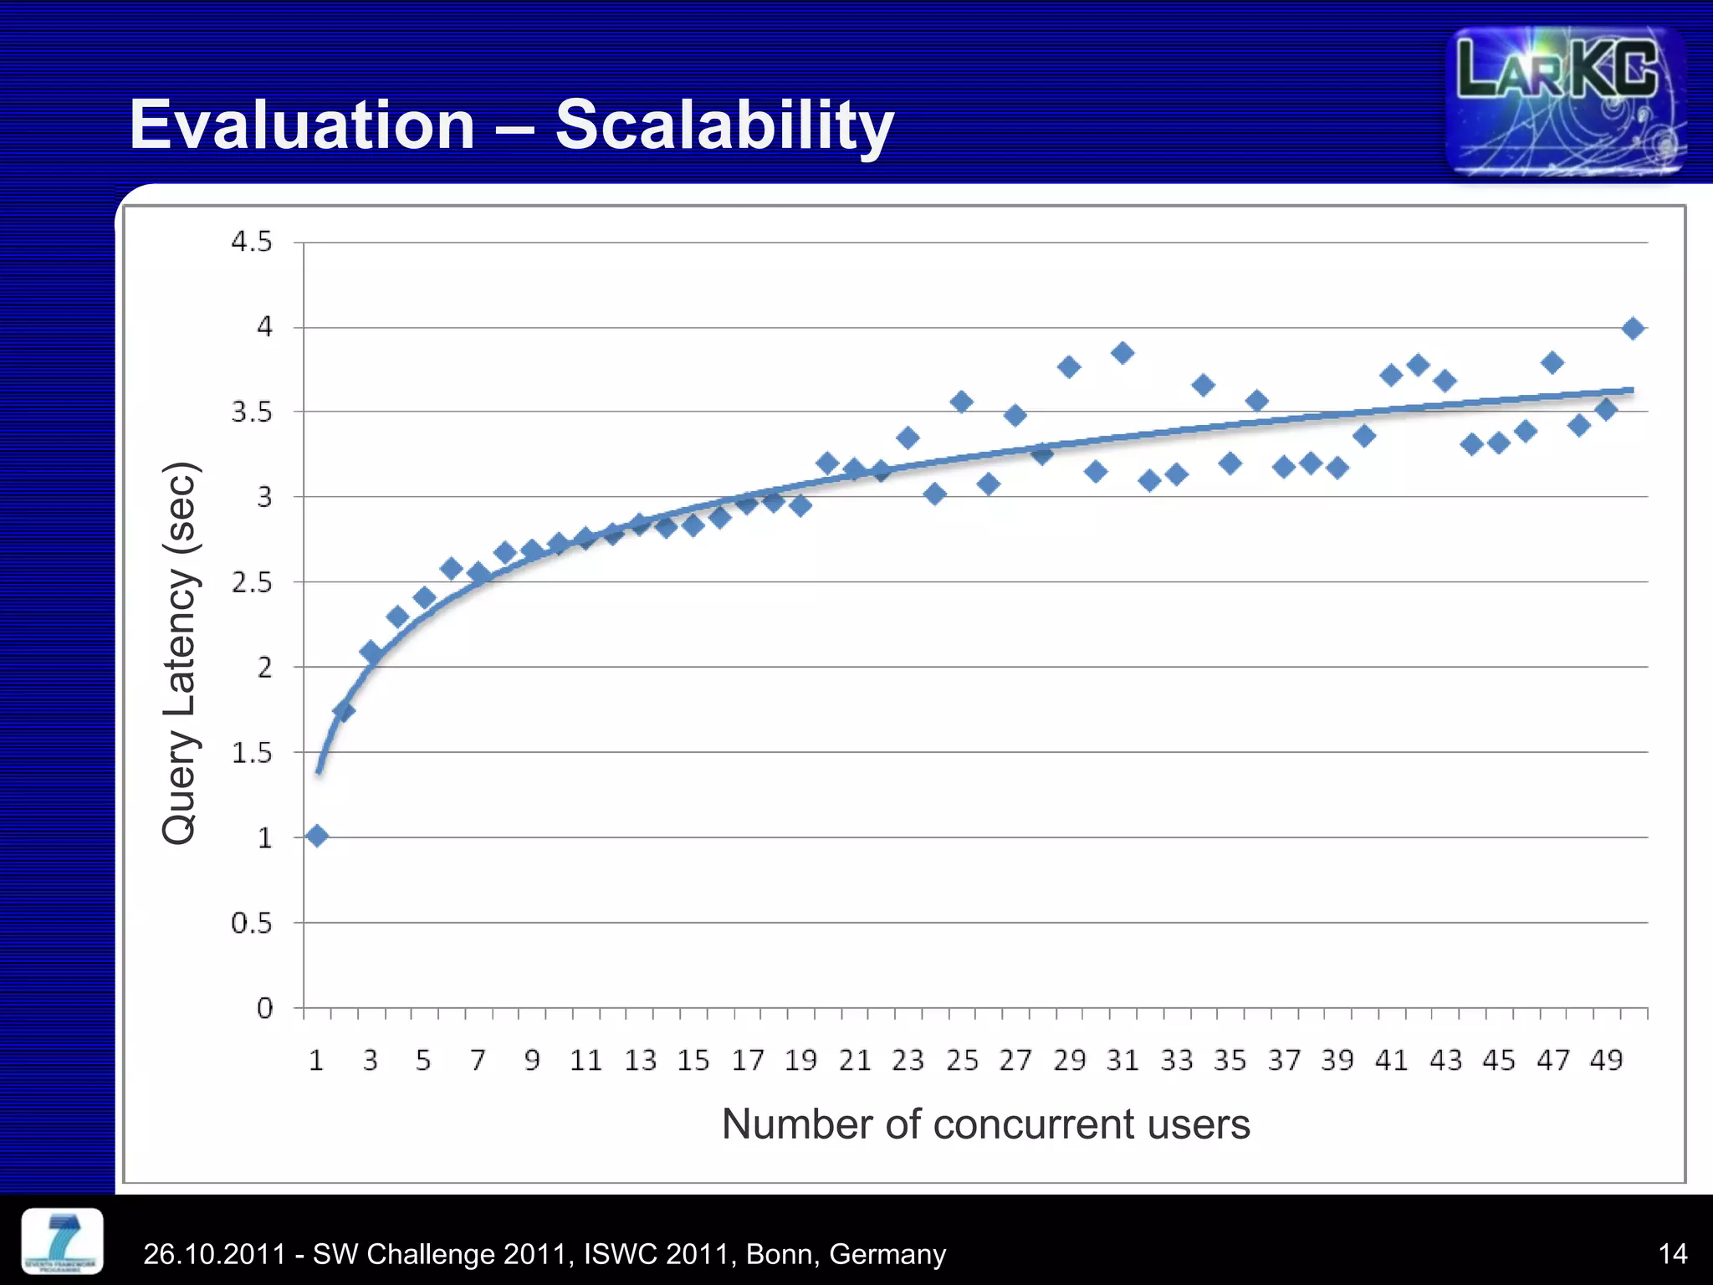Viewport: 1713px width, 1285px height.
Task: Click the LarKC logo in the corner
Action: point(1565,100)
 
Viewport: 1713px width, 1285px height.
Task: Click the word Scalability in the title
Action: point(724,125)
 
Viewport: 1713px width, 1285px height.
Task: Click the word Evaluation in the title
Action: point(302,125)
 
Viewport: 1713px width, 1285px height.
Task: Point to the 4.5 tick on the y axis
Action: point(252,243)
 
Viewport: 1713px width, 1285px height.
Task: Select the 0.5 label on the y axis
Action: point(252,924)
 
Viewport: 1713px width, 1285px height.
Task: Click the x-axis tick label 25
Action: point(962,1061)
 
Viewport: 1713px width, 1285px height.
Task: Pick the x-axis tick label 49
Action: point(1606,1061)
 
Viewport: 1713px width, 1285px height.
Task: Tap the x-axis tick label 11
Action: point(585,1061)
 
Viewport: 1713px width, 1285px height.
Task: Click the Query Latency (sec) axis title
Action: point(179,653)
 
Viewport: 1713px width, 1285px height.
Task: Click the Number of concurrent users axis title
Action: point(985,1124)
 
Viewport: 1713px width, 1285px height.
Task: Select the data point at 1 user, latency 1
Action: point(317,836)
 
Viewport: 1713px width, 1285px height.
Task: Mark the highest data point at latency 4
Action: point(1633,329)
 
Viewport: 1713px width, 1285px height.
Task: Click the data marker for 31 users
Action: point(1122,353)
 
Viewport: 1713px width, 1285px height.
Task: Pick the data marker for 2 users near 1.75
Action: point(344,711)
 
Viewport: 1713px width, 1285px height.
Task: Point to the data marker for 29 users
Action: point(1068,367)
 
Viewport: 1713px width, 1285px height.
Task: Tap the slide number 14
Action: point(1672,1254)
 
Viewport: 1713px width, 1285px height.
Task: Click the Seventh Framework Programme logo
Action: point(62,1241)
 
